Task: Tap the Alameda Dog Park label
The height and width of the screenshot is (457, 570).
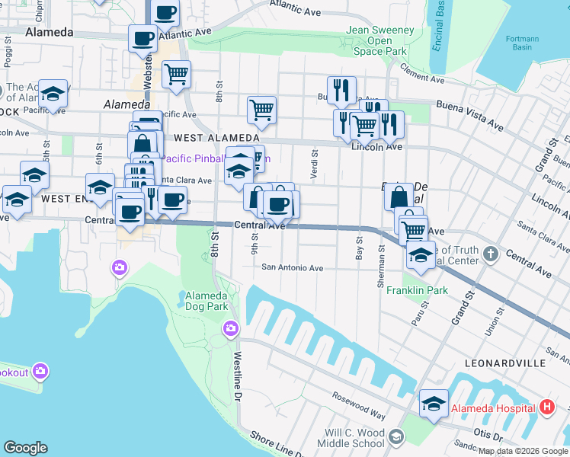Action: point(207,301)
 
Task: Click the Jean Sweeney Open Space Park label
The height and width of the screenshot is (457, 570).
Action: point(380,40)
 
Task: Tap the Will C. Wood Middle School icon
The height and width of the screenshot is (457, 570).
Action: point(395,436)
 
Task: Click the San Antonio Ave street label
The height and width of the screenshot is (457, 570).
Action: point(293,267)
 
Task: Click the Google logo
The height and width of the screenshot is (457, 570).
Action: point(25,447)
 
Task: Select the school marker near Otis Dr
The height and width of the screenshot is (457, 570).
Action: point(434,404)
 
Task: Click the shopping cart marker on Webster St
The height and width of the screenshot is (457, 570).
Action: point(176,75)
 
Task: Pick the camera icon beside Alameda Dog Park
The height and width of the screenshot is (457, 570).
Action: point(230,328)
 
